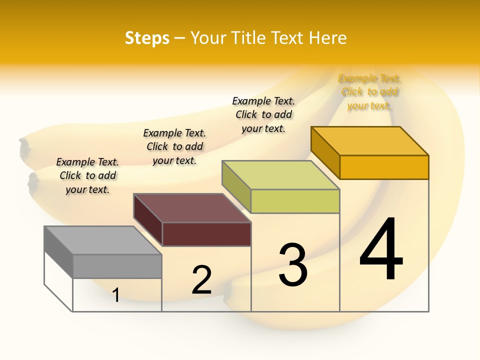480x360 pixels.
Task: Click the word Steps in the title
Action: click(147, 38)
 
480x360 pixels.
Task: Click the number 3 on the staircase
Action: click(293, 265)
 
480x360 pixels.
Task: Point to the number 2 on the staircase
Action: click(201, 280)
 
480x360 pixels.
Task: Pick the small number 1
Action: click(116, 295)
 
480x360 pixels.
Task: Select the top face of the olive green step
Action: click(280, 175)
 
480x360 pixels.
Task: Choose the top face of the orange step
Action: click(369, 141)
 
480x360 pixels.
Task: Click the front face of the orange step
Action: click(384, 167)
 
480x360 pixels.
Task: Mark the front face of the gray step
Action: click(117, 266)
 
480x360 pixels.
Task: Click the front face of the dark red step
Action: click(206, 234)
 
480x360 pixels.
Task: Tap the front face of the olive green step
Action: click(295, 201)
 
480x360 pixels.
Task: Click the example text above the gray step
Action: click(87, 175)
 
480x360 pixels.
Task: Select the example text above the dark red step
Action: click(174, 146)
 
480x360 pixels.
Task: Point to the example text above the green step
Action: click(263, 114)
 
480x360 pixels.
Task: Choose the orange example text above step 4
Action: click(369, 92)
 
